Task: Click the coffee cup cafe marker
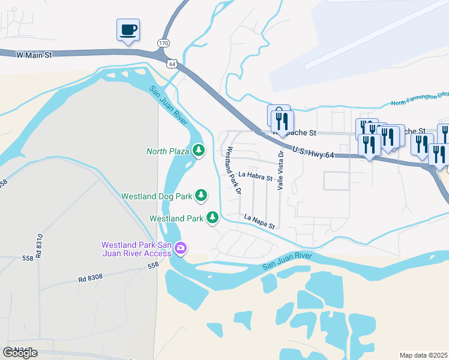pyautogui.click(x=128, y=29)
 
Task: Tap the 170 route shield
pyautogui.click(x=163, y=43)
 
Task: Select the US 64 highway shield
pyautogui.click(x=173, y=64)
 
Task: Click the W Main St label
pyautogui.click(x=35, y=55)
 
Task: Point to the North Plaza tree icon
pyautogui.click(x=199, y=150)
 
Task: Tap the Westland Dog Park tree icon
pyautogui.click(x=201, y=195)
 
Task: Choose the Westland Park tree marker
pyautogui.click(x=212, y=217)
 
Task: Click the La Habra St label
pyautogui.click(x=255, y=176)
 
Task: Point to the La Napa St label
pyautogui.click(x=259, y=221)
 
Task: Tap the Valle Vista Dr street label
pyautogui.click(x=280, y=170)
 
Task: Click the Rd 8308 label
pyautogui.click(x=90, y=278)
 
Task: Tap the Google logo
pyautogui.click(x=20, y=353)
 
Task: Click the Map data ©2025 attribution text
pyautogui.click(x=424, y=355)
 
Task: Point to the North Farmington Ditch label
pyautogui.click(x=420, y=98)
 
